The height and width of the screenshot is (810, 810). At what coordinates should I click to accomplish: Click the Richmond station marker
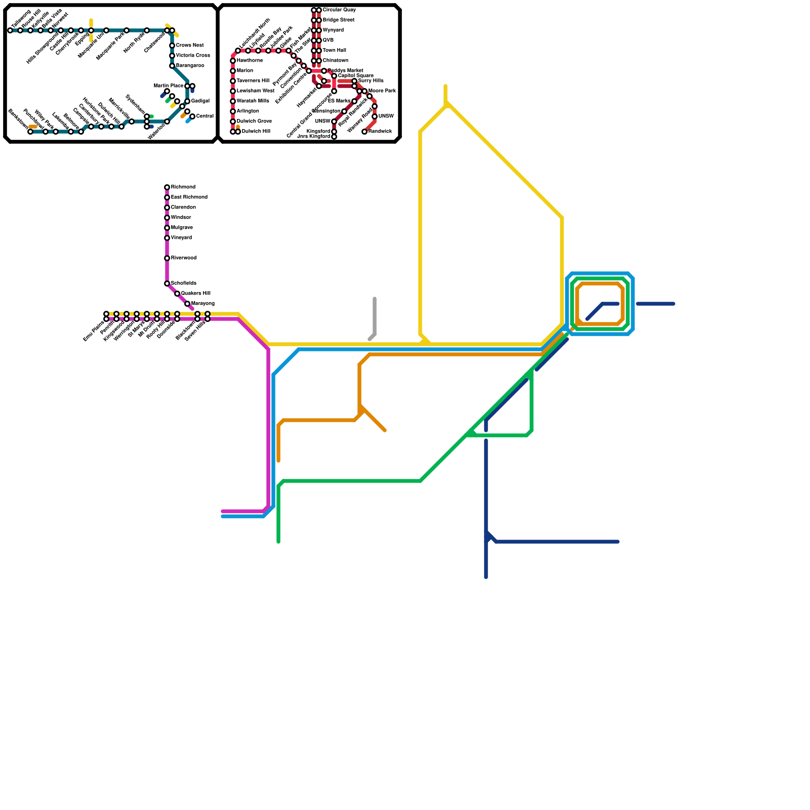tap(167, 187)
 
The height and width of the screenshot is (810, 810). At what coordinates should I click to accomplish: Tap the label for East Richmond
tap(189, 197)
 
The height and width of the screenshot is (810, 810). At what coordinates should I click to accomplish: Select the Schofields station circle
tap(167, 283)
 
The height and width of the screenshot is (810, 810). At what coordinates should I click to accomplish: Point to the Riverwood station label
tap(183, 258)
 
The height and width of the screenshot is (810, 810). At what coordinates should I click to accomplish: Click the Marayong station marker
tap(187, 304)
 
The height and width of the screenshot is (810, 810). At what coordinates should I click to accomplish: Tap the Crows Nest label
tap(190, 46)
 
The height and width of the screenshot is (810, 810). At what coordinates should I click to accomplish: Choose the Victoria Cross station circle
tap(172, 56)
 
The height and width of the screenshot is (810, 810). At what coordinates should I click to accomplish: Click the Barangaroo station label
tap(190, 66)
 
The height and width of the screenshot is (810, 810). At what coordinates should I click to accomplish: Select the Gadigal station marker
tap(187, 101)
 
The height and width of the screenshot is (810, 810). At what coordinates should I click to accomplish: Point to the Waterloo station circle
tap(167, 121)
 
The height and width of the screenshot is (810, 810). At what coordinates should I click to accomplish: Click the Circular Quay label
tap(339, 10)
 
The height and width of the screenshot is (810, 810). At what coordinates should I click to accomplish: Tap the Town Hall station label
tap(334, 51)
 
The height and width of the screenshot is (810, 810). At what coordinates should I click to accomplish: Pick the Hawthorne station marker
tap(233, 61)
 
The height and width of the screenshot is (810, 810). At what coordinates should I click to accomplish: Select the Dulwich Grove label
tap(254, 121)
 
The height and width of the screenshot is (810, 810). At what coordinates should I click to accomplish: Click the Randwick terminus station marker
tap(364, 132)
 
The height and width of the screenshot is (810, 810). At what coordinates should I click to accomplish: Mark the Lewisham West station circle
tap(233, 91)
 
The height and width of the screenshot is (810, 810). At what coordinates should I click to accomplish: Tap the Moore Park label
tap(382, 91)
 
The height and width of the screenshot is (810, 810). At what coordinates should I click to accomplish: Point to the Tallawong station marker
tap(10, 30)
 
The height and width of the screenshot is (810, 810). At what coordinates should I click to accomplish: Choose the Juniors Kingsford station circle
tap(334, 137)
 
